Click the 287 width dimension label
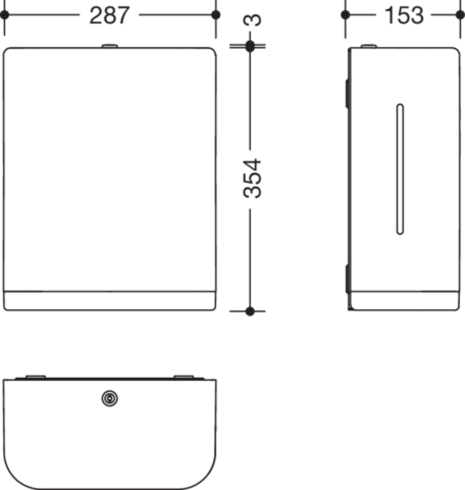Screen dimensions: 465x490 (x=110, y=15)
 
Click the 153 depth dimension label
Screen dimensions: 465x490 (x=404, y=15)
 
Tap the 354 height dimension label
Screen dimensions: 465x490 (x=252, y=178)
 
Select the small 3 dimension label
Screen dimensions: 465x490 (x=252, y=20)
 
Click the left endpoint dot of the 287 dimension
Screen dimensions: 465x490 (x=5, y=15)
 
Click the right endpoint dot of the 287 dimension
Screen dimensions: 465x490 (x=216, y=15)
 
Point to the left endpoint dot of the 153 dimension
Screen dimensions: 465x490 (x=345, y=15)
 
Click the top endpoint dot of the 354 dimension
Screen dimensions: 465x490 (x=250, y=46)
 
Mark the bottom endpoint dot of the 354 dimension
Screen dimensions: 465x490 (x=250, y=311)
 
